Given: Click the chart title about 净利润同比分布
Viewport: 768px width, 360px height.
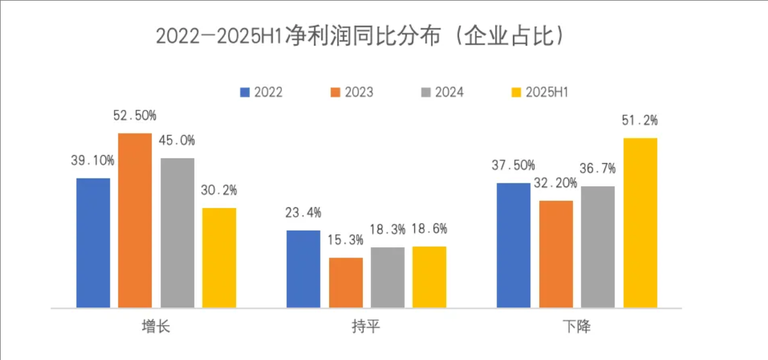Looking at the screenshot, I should (x=360, y=37).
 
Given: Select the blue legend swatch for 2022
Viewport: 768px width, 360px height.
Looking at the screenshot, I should (x=245, y=93).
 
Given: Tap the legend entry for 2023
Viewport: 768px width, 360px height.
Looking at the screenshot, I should (x=351, y=93).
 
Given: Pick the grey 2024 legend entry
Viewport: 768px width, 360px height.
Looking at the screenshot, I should (x=442, y=93).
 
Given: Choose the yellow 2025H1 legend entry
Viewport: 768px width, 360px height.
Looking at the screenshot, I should (x=540, y=93).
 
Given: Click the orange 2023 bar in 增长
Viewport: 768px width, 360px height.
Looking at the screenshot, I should (x=135, y=220).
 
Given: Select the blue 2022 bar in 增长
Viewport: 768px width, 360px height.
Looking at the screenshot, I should (x=93, y=243).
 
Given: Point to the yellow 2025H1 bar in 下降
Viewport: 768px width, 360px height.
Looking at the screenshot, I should (x=640, y=223).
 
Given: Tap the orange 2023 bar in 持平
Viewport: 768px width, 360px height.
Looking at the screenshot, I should (x=346, y=283).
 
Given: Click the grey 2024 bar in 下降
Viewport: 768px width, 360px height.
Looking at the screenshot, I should (x=598, y=247).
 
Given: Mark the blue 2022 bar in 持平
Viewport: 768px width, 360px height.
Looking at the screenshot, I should (x=303, y=269).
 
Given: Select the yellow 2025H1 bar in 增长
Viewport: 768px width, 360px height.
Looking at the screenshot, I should (x=219, y=258).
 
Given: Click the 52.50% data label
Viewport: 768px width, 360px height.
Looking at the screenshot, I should (x=135, y=116).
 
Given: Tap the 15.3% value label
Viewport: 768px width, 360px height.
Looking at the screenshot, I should (x=346, y=240).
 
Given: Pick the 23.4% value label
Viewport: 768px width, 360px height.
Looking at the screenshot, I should (x=303, y=213).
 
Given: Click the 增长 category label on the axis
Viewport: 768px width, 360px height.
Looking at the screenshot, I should (x=156, y=326).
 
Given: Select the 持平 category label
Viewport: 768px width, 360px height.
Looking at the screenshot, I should (x=367, y=326).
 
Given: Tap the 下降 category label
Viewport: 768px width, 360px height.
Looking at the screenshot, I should (x=577, y=326).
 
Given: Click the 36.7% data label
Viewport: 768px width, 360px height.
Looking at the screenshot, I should (x=598, y=169).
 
